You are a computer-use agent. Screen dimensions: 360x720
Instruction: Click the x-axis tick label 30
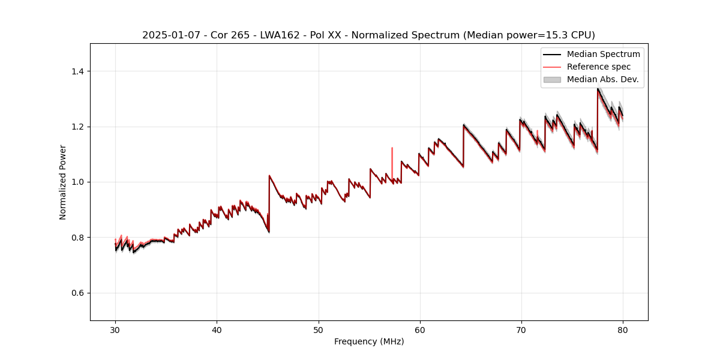point(115,330)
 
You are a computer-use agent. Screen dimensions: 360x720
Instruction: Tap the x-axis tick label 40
point(217,330)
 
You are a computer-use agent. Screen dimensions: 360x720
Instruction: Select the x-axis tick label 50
point(318,330)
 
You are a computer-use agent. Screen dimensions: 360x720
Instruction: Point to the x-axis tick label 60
point(419,330)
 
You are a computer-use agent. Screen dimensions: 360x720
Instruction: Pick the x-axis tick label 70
point(521,330)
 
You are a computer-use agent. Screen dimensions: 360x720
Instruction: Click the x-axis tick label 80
point(622,330)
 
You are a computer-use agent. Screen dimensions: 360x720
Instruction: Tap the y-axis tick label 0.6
point(79,293)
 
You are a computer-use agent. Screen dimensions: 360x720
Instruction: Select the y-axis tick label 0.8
point(79,238)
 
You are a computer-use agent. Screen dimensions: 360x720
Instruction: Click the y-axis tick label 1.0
point(79,182)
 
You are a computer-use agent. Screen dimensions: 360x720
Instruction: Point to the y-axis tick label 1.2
point(79,127)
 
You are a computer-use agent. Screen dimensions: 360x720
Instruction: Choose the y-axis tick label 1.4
point(79,71)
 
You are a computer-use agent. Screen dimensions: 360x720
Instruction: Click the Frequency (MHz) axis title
point(369,341)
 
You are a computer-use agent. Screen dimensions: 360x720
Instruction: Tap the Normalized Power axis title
point(63,182)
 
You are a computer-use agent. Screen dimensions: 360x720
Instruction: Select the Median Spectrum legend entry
point(603,54)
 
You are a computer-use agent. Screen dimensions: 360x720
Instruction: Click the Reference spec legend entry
point(598,67)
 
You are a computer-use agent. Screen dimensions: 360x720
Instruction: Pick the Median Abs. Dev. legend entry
point(602,79)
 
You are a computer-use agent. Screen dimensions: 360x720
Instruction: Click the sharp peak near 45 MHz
point(269,176)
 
